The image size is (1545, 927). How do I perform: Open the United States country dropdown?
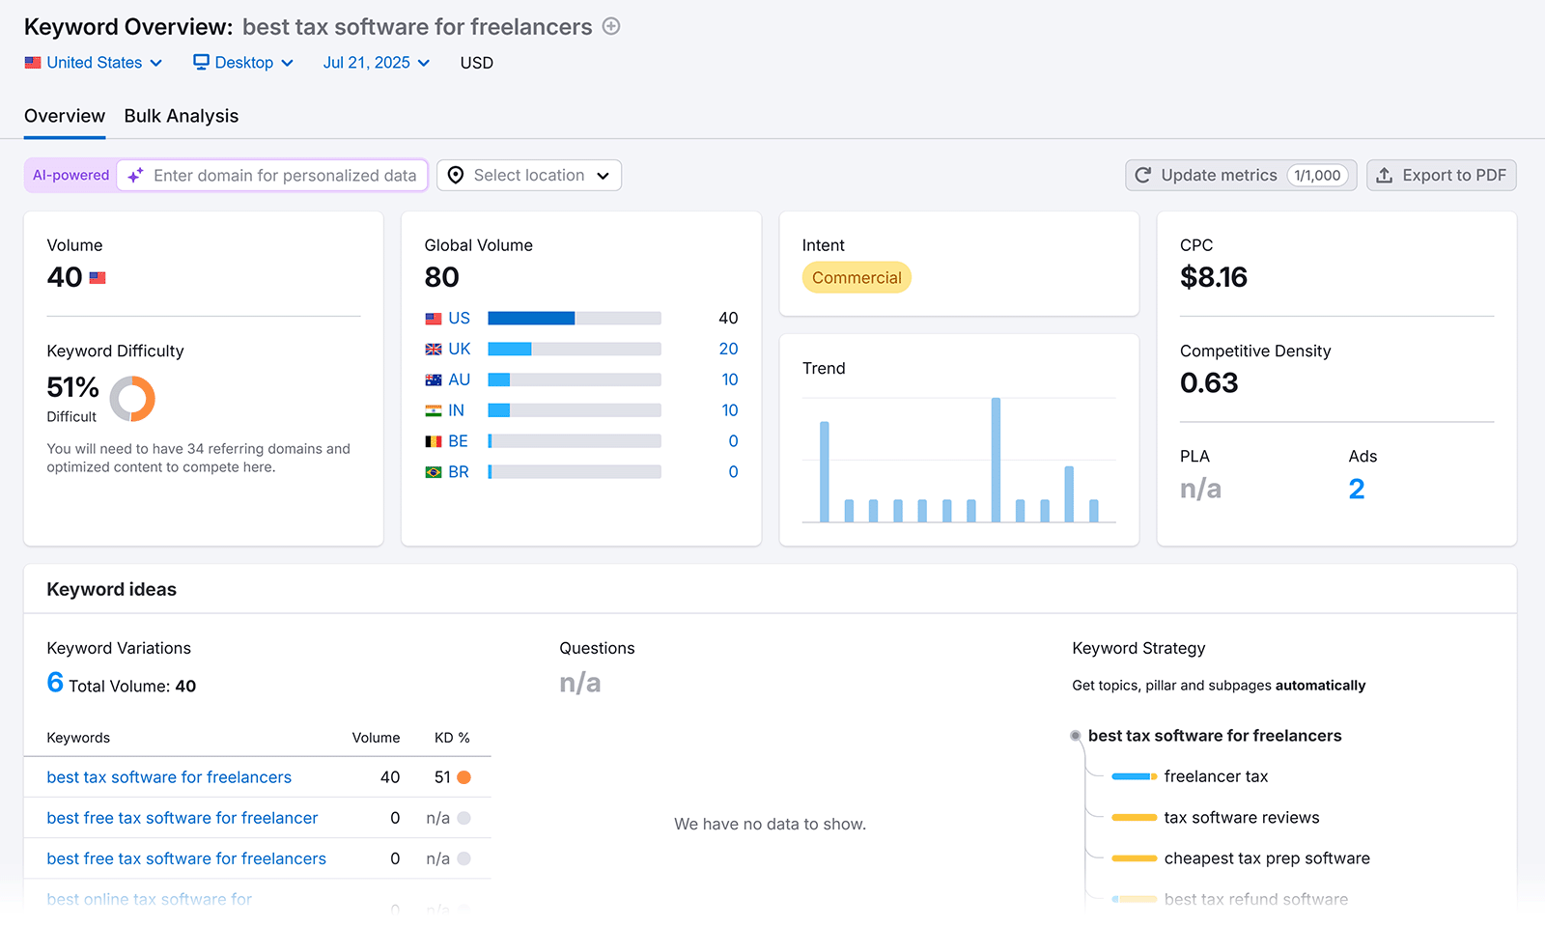tap(94, 63)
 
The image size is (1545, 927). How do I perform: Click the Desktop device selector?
tap(243, 63)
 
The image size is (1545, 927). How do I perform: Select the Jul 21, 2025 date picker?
tap(376, 63)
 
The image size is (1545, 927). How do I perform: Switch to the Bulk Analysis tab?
tap(181, 116)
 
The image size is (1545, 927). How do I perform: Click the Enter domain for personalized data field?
tap(284, 176)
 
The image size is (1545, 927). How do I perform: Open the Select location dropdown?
tap(529, 176)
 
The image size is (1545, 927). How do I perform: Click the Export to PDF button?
tap(1441, 176)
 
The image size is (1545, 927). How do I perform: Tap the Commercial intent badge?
tap(857, 278)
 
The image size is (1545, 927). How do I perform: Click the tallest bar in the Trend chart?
tap(996, 460)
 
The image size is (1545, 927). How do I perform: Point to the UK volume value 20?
tap(728, 350)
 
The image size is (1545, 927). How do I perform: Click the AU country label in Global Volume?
tap(459, 380)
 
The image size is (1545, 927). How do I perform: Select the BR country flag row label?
tap(458, 472)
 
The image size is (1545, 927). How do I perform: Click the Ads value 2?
tap(1357, 490)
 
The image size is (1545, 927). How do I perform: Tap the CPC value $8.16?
tap(1214, 278)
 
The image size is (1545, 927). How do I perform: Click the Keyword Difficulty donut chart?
tap(132, 399)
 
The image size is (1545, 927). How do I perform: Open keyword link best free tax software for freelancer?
tap(183, 819)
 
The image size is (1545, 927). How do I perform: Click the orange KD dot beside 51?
tap(464, 777)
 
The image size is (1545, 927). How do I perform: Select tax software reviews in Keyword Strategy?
tap(1241, 818)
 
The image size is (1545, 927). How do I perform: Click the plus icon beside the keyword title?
tap(611, 27)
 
